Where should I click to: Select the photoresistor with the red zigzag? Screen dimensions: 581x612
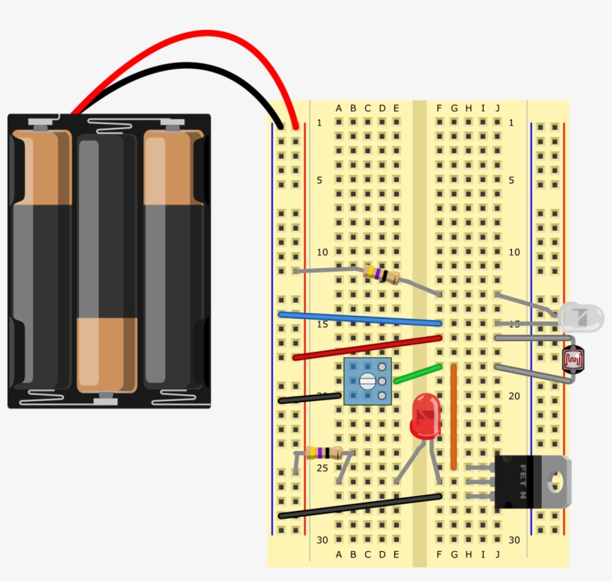[573, 360]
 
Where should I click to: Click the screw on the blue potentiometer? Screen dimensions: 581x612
[367, 382]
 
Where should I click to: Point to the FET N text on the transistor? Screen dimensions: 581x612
[523, 482]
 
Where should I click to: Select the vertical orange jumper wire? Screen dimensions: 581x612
[453, 417]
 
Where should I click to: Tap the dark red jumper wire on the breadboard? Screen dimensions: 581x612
[366, 347]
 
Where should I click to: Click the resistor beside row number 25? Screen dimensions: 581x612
[323, 453]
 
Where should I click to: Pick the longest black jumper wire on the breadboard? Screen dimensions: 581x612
[358, 506]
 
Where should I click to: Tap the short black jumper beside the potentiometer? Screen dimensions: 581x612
[310, 400]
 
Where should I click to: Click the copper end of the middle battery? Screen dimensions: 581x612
[107, 355]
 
